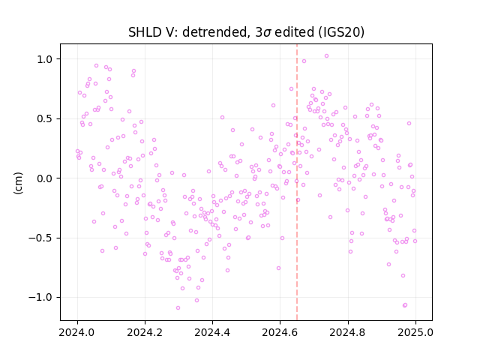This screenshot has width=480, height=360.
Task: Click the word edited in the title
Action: pos(295,32)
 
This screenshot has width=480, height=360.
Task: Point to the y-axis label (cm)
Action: pos(18,183)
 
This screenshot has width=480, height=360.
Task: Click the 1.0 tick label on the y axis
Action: pos(46,59)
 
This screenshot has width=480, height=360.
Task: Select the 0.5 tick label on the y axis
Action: pos(46,118)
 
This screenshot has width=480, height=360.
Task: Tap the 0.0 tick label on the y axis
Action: pos(46,178)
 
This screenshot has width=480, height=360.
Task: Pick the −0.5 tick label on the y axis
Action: pos(42,238)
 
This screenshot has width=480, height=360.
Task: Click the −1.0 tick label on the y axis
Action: pos(42,297)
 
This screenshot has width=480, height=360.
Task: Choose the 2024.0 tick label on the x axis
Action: pos(77,332)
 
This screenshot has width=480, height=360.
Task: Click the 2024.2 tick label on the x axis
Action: pos(145,332)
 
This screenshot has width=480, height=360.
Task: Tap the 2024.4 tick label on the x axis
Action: pos(212,332)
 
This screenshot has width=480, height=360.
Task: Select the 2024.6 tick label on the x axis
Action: pos(280,332)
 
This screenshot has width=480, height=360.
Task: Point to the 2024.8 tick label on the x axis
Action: pos(348,332)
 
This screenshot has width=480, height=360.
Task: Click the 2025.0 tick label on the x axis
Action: pos(415,332)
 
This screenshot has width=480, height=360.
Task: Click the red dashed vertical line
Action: pos(297,182)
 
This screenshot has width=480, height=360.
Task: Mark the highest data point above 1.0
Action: pos(327,56)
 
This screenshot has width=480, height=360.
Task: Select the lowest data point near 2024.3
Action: pos(178,308)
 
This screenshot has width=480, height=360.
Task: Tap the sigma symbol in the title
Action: pos(267,33)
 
